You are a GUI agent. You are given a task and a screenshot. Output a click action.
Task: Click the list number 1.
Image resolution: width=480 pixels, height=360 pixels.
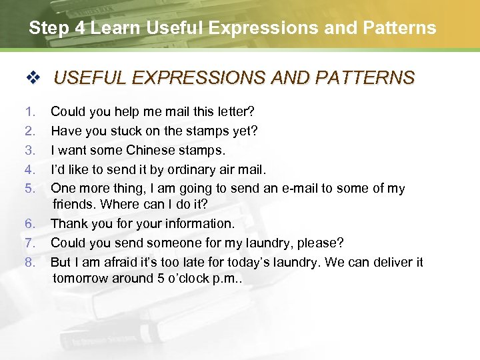[x=29, y=112]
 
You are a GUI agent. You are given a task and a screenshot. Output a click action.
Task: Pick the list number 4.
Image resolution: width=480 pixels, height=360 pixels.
[x=29, y=169]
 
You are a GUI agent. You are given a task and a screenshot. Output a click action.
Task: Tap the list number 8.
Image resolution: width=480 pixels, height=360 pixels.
[x=29, y=262]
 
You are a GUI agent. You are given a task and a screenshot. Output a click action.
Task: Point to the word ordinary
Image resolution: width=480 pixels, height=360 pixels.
[x=191, y=169]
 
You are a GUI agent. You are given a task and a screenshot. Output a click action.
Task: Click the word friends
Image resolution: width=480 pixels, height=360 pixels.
[x=74, y=203]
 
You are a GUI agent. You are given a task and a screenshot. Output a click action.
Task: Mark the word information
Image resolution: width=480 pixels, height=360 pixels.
[x=198, y=223]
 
